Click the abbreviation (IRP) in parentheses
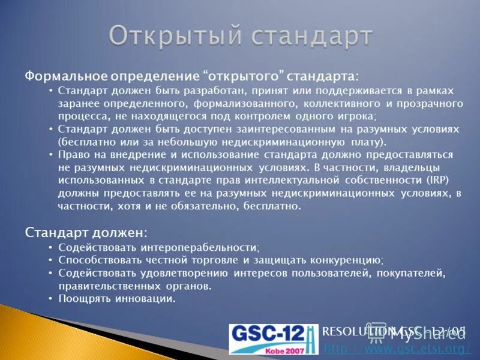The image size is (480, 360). [x=436, y=180]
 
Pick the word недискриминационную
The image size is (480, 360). [x=280, y=142]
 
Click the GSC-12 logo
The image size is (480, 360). [x=274, y=340]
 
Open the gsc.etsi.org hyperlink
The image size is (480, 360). [x=397, y=349]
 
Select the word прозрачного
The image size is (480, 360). [x=430, y=104]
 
